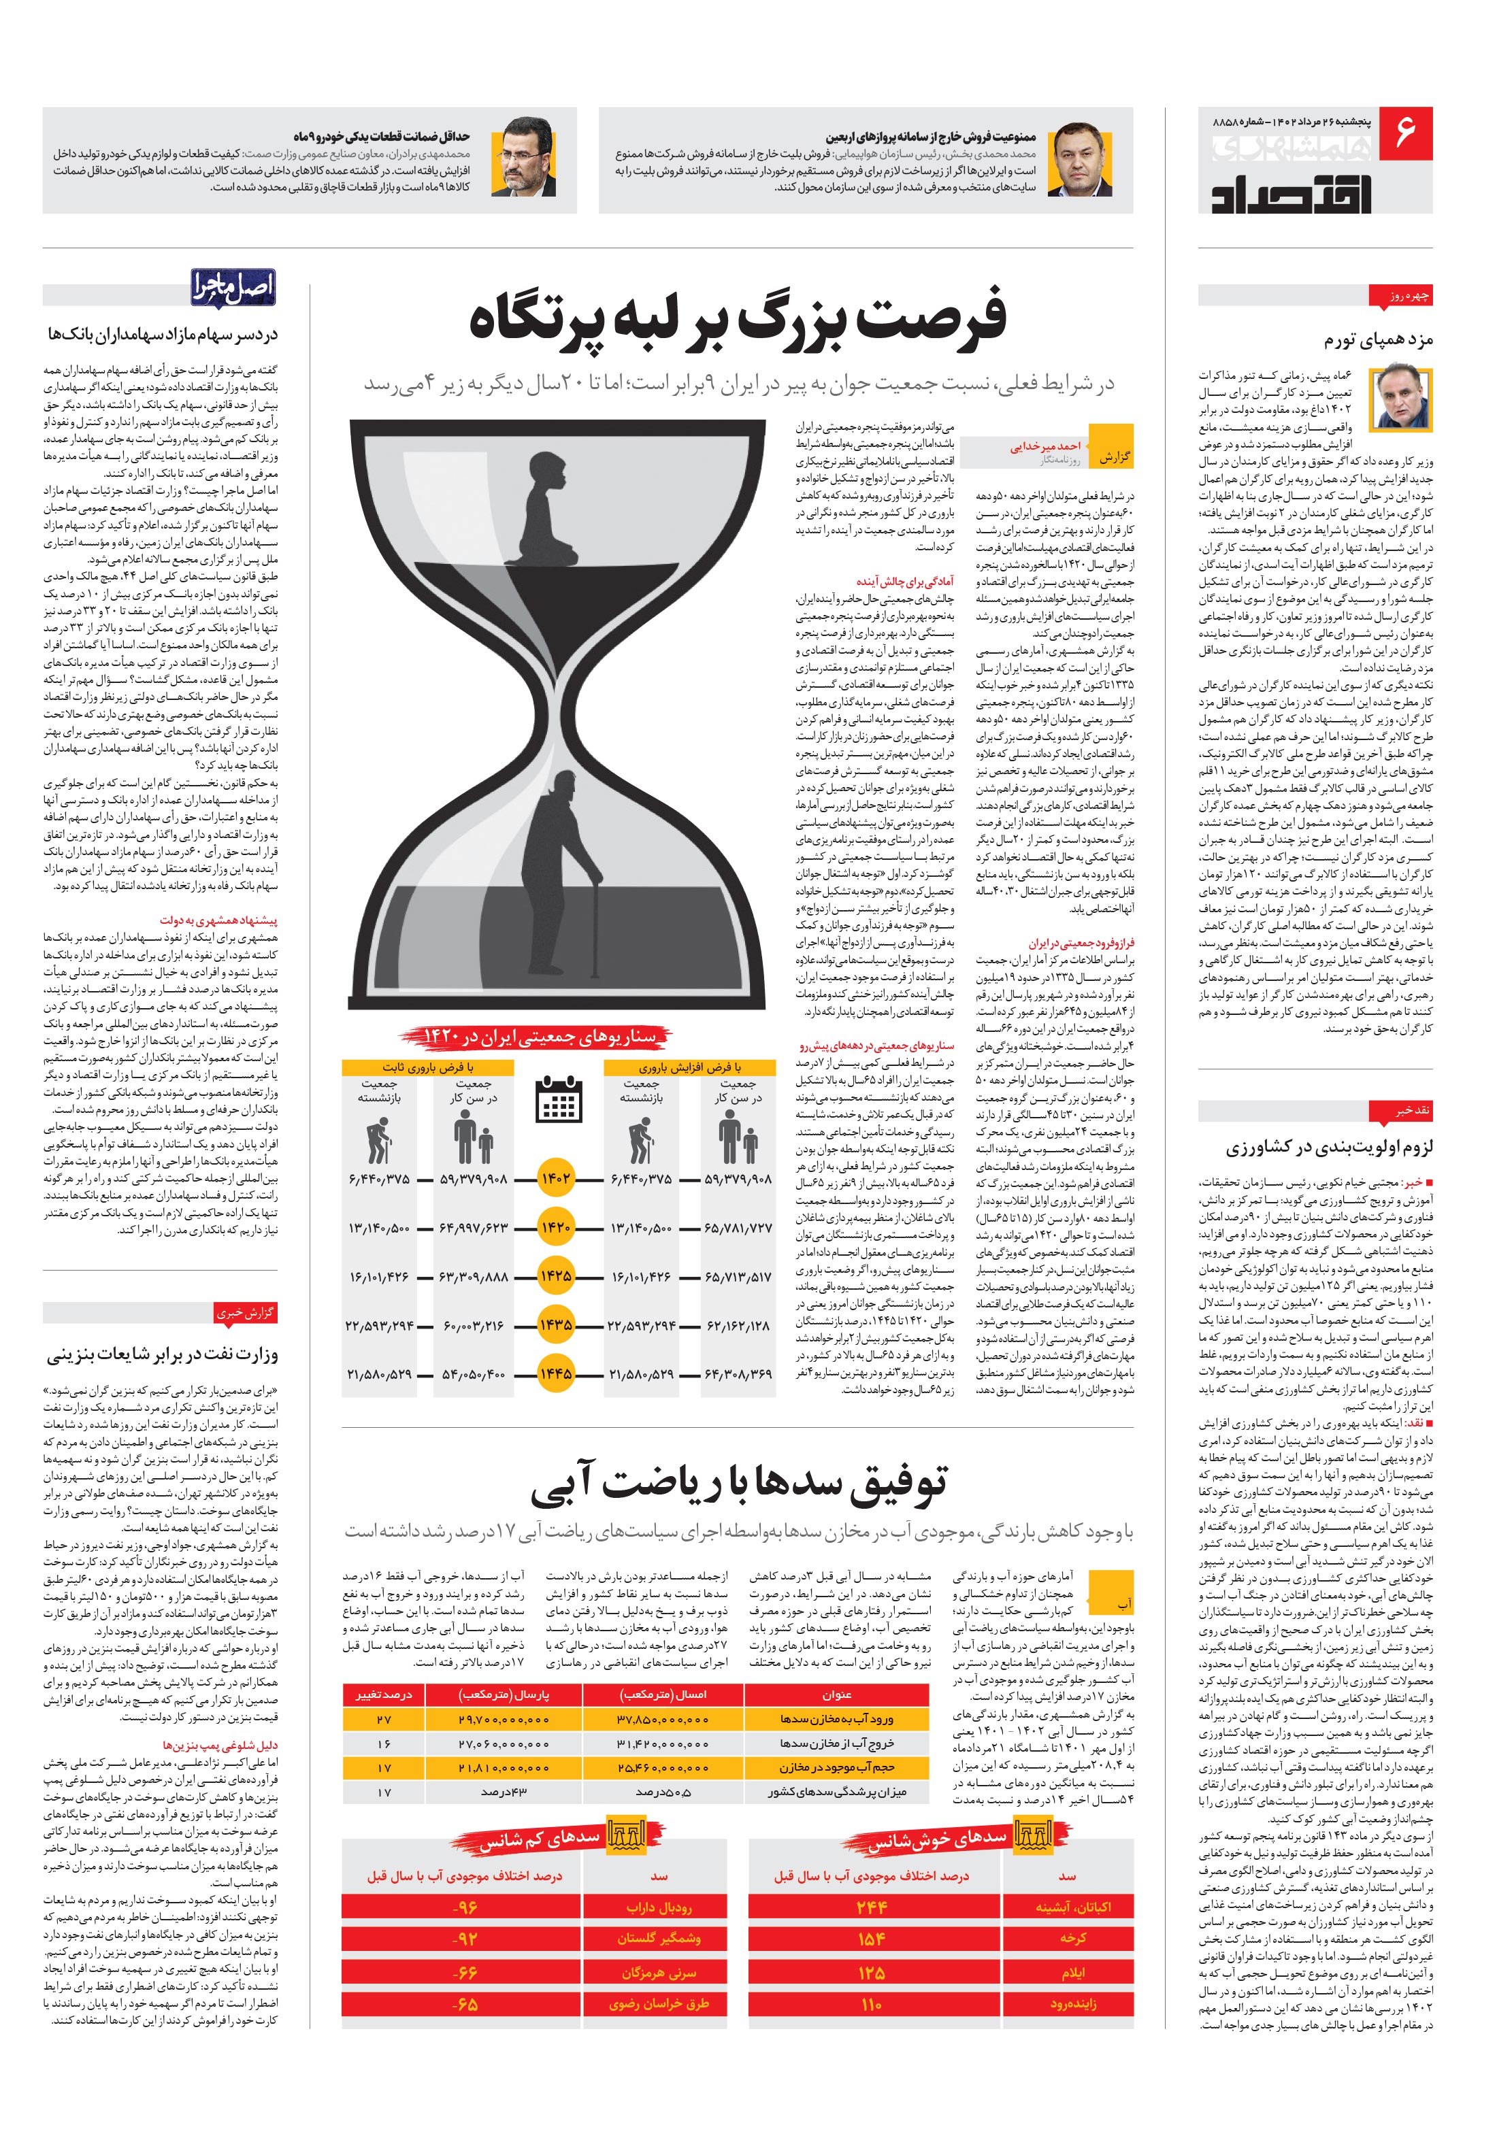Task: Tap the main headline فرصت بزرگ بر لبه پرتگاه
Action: point(740,320)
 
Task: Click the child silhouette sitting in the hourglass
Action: point(545,507)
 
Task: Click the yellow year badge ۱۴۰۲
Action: point(555,1179)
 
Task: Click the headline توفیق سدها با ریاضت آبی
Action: point(739,1482)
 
